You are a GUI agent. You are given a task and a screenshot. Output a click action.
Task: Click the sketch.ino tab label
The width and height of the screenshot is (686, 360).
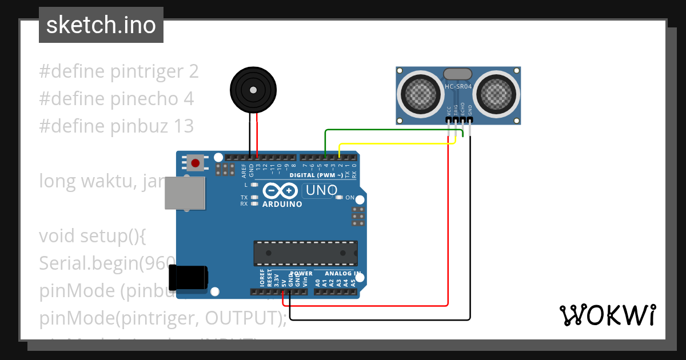pyautogui.click(x=101, y=25)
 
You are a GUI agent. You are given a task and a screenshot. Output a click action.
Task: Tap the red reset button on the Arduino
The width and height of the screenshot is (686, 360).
pyautogui.click(x=196, y=163)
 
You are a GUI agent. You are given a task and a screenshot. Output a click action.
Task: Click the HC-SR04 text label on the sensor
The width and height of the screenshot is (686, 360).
pyautogui.click(x=458, y=87)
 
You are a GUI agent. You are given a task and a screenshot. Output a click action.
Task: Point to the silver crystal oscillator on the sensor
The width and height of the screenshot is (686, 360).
pyautogui.click(x=458, y=74)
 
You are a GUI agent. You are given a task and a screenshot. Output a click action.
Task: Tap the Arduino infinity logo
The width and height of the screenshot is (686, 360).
pyautogui.click(x=280, y=190)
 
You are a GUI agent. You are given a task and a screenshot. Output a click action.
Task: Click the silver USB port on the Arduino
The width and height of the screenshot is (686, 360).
pyautogui.click(x=185, y=192)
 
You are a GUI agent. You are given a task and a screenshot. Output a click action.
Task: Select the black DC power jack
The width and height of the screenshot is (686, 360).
pyautogui.click(x=189, y=278)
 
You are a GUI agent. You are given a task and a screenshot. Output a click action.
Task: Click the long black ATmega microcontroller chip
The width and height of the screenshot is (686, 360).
pyautogui.click(x=306, y=253)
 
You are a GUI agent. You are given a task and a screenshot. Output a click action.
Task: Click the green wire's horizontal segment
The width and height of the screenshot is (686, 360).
pyautogui.click(x=389, y=130)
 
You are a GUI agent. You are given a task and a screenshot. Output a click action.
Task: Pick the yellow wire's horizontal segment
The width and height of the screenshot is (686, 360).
pyautogui.click(x=394, y=143)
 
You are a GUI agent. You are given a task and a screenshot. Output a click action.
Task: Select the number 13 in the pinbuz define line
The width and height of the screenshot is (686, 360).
pyautogui.click(x=182, y=126)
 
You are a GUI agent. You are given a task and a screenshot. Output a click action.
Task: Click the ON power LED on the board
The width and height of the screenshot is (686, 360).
pyautogui.click(x=340, y=198)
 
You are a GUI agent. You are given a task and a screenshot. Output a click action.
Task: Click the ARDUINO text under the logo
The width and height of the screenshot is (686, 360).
pyautogui.click(x=282, y=204)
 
